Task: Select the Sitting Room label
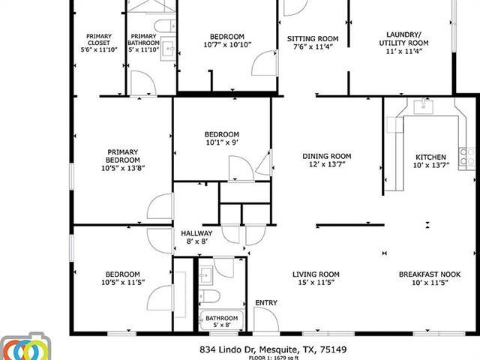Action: pos(313,38)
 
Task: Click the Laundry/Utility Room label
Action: pos(408,38)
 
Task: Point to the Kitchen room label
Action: pos(430,157)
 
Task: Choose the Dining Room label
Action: pos(327,156)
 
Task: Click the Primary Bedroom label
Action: pos(122,155)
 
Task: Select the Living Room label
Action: pos(316,274)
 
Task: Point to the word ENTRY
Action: pos(265,303)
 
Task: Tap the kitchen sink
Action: pos(424,106)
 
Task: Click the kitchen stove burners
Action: pos(467,156)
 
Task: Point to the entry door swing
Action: pos(265,319)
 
